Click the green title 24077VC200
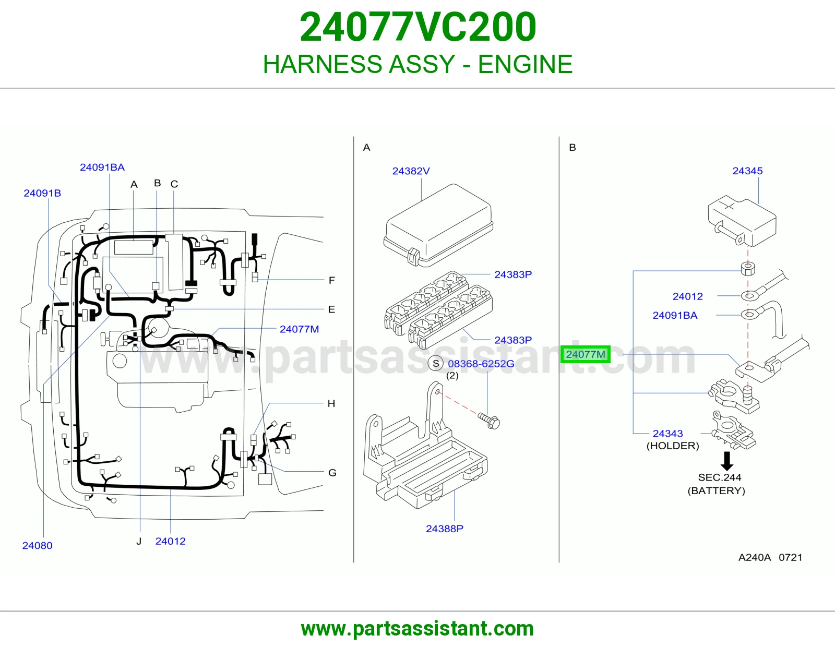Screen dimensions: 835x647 (x=417, y=27)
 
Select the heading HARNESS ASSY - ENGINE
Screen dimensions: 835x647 (x=417, y=64)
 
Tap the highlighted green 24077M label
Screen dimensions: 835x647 (x=585, y=354)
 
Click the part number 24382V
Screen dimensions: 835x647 (x=411, y=171)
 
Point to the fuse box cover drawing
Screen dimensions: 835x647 (x=438, y=225)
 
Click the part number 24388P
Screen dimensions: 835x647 (x=445, y=529)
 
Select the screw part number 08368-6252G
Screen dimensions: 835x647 (x=481, y=364)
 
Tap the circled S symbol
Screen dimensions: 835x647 (x=436, y=364)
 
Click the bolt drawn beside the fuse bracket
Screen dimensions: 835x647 (x=489, y=421)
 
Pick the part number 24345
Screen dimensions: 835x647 (x=747, y=171)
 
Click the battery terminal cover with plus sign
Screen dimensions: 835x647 (x=742, y=223)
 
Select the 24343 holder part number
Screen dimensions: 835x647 (x=668, y=434)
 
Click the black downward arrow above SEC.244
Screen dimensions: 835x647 (x=726, y=461)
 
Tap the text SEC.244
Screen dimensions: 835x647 (x=719, y=477)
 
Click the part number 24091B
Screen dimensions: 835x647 (x=42, y=193)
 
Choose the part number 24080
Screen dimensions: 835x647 (x=37, y=545)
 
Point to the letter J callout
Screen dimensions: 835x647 (x=139, y=541)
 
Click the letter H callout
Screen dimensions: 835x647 (x=331, y=403)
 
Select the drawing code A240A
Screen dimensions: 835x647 (x=755, y=557)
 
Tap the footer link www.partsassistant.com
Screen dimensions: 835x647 (x=417, y=629)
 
